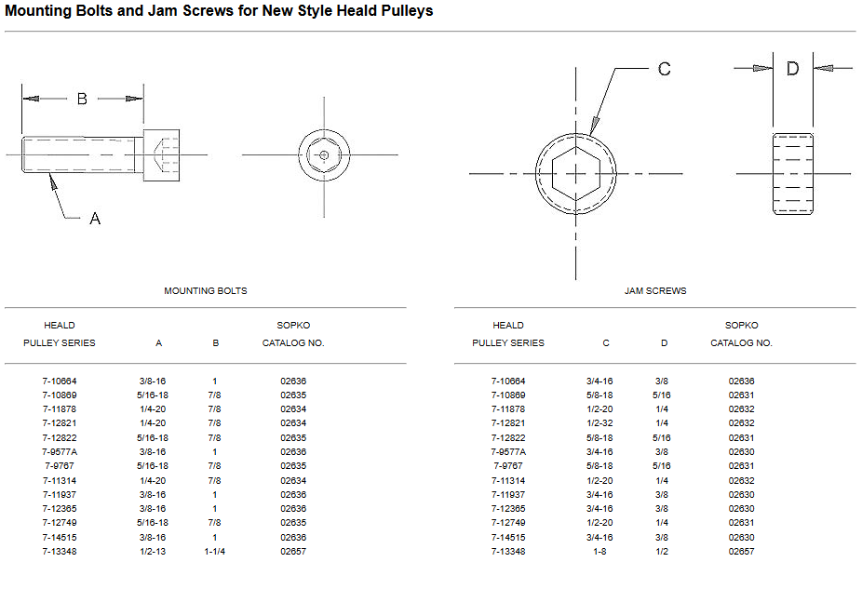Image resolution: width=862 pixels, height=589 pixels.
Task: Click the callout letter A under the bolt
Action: coord(95,219)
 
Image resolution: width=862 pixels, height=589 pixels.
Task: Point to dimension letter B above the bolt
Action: coord(82,99)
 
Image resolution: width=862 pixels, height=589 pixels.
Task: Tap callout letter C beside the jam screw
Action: coord(664,69)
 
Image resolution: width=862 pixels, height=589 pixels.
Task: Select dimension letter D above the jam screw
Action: coord(792,68)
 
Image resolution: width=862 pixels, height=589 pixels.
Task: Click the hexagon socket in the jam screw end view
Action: coord(575,173)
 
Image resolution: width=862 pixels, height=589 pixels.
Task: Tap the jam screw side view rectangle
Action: coord(792,173)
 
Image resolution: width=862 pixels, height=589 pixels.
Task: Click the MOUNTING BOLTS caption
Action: coord(206,291)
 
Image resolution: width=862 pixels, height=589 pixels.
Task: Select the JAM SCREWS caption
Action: coord(655,291)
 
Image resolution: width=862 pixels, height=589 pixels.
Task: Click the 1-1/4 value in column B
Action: coord(215,552)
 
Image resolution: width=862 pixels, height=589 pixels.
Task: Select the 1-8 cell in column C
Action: coord(599,552)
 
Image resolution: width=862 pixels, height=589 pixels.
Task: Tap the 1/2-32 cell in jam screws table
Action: coord(599,423)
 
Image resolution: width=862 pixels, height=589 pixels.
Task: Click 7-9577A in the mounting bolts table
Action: coord(60,452)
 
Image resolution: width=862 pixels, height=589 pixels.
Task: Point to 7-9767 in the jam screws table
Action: coord(508,466)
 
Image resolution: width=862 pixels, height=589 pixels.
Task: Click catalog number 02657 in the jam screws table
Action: coord(741,552)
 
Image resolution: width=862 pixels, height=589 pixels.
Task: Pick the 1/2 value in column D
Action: coord(664,552)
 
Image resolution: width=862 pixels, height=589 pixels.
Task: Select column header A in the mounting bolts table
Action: coord(159,343)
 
